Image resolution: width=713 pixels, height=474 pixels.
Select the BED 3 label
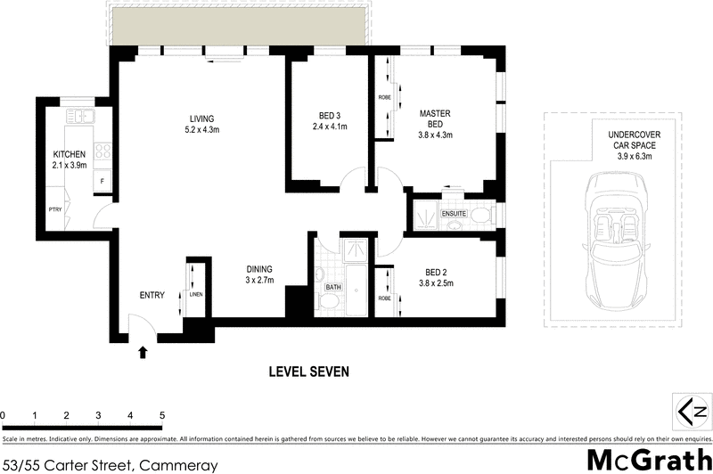[x=329, y=115]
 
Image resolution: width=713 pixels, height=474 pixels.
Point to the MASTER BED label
[x=436, y=118]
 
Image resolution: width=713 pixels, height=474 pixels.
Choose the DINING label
[x=259, y=269]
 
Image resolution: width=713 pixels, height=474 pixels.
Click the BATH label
[x=333, y=287]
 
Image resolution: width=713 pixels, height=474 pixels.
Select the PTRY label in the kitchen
[x=55, y=210]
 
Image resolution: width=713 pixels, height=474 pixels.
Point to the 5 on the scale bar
[x=162, y=415]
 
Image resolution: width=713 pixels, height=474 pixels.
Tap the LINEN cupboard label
[x=196, y=295]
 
